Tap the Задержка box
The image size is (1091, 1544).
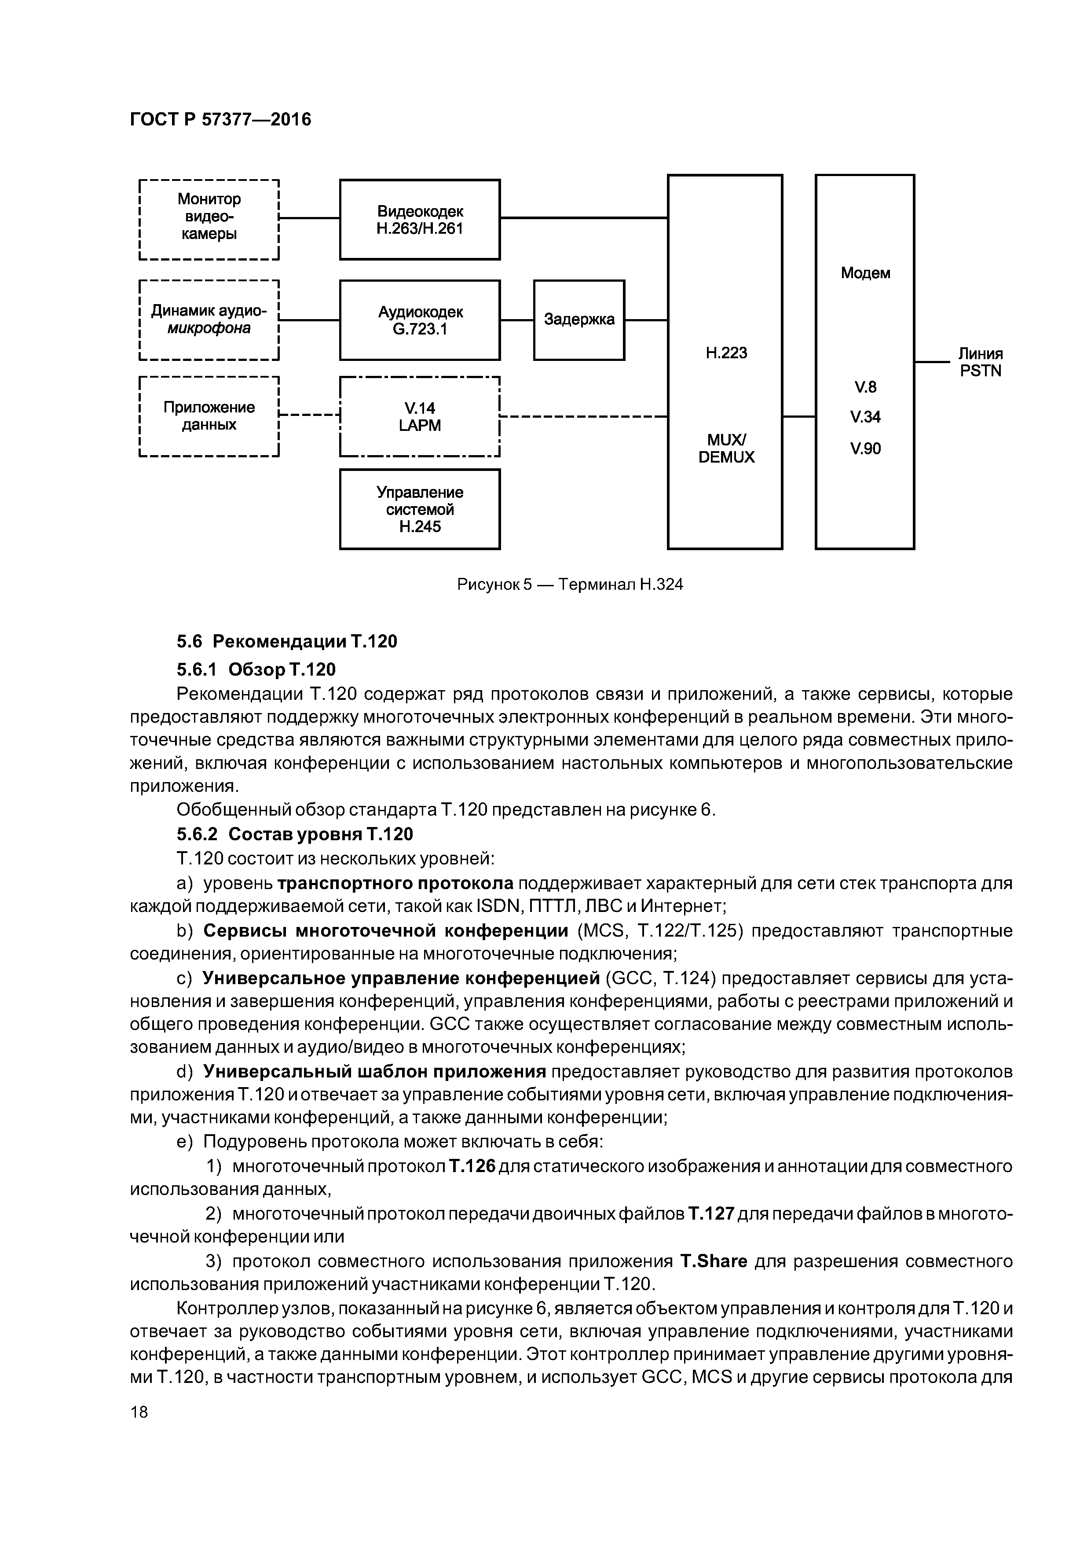pyautogui.click(x=579, y=320)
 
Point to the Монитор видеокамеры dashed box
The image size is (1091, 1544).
pyautogui.click(x=209, y=219)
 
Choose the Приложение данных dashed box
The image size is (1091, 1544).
pyautogui.click(x=209, y=416)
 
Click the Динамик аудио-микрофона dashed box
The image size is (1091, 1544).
pyautogui.click(x=209, y=320)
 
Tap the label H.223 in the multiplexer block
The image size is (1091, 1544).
pyautogui.click(x=726, y=353)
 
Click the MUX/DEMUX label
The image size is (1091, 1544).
pyautogui.click(x=726, y=448)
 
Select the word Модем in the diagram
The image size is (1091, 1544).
pyautogui.click(x=865, y=273)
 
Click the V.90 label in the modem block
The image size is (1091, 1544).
pyautogui.click(x=865, y=448)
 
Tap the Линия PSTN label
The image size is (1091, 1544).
pyautogui.click(x=980, y=363)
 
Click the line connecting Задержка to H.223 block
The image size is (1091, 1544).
pyautogui.click(x=646, y=320)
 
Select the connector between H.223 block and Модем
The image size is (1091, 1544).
pyautogui.click(x=798, y=417)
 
